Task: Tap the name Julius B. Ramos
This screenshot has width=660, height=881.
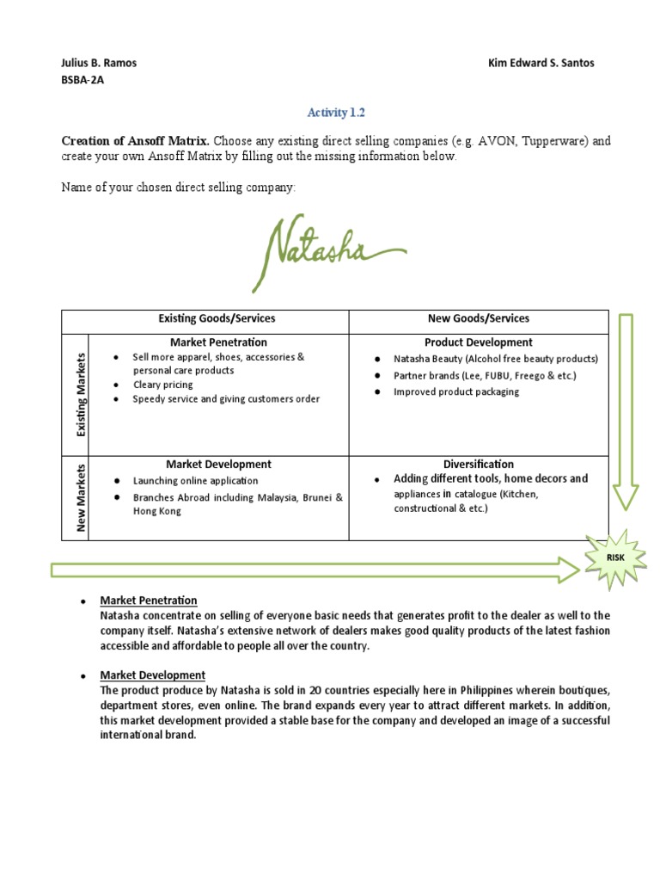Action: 99,63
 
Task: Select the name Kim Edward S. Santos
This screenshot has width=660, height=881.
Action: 541,63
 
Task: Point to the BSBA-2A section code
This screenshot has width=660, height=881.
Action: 83,80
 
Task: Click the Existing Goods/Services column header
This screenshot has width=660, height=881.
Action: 217,318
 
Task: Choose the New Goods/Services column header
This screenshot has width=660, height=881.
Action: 479,318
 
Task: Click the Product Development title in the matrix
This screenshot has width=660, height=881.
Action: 479,342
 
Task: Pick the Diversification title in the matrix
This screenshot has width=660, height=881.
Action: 479,465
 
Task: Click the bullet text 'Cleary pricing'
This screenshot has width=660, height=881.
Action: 162,385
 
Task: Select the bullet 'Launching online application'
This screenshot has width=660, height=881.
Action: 195,481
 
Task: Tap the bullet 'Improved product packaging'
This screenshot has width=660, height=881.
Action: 456,391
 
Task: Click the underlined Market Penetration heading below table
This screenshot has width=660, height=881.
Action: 149,601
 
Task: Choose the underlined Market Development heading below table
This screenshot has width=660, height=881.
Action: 152,675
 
